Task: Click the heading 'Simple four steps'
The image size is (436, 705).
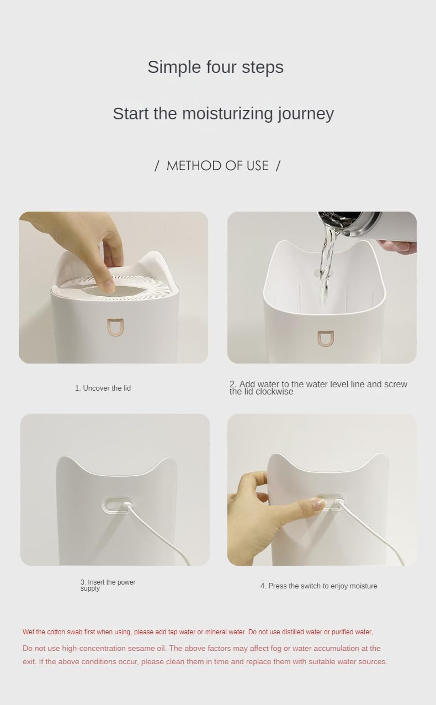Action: click(215, 67)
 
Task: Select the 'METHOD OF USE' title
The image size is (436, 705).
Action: click(217, 166)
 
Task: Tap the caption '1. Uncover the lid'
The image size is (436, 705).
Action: click(103, 388)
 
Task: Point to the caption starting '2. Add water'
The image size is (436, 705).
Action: click(318, 388)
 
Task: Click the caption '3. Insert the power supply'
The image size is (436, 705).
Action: click(108, 585)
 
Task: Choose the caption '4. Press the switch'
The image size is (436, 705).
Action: click(318, 586)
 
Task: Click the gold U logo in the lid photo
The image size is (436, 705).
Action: click(116, 327)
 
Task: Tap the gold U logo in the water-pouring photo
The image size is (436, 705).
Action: click(325, 339)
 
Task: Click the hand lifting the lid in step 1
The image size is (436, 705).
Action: click(83, 238)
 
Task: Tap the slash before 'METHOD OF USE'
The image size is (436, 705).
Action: click(157, 166)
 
